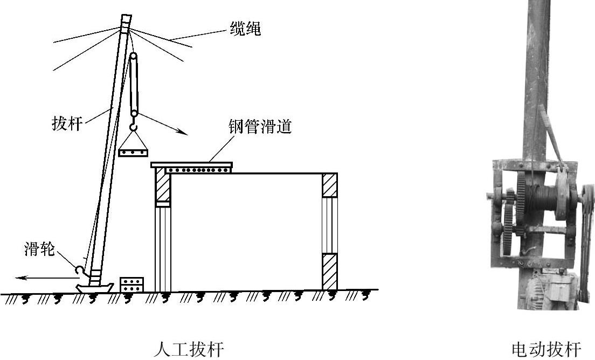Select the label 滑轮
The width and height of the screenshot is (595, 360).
[x=39, y=250]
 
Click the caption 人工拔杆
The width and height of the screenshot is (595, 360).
[x=188, y=349]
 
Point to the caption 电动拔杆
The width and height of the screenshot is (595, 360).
[x=546, y=349]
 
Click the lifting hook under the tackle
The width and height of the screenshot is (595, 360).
[x=134, y=128]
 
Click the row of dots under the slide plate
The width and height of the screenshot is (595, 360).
[x=198, y=170]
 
